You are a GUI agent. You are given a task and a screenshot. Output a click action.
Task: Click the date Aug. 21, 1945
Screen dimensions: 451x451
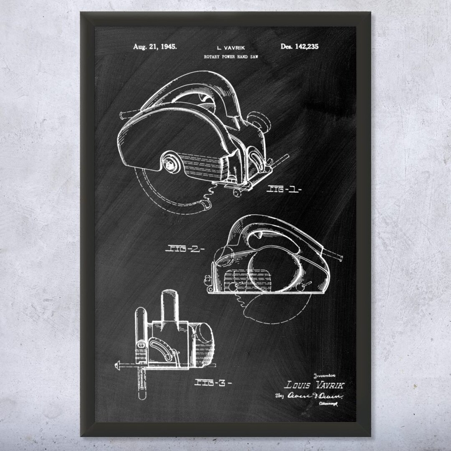pyautogui.click(x=155, y=47)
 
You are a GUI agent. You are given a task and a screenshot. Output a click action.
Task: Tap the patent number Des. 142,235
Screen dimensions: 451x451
pyautogui.click(x=299, y=46)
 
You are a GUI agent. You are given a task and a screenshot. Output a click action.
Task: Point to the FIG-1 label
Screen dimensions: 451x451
pyautogui.click(x=284, y=189)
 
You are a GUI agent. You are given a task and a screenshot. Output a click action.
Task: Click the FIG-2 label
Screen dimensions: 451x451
pyautogui.click(x=185, y=249)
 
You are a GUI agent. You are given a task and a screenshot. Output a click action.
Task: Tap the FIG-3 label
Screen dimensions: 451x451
pyautogui.click(x=213, y=382)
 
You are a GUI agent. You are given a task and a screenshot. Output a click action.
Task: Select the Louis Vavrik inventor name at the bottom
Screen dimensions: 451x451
pyautogui.click(x=314, y=385)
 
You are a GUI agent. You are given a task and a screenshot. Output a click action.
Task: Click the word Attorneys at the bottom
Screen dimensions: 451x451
pyautogui.click(x=328, y=404)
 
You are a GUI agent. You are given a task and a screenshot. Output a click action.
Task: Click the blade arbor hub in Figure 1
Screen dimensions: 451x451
pyautogui.click(x=170, y=163)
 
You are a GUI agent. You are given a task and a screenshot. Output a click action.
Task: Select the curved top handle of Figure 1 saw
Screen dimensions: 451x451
pyautogui.click(x=196, y=84)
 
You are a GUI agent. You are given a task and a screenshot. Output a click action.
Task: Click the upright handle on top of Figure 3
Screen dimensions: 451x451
pyautogui.click(x=170, y=305)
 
